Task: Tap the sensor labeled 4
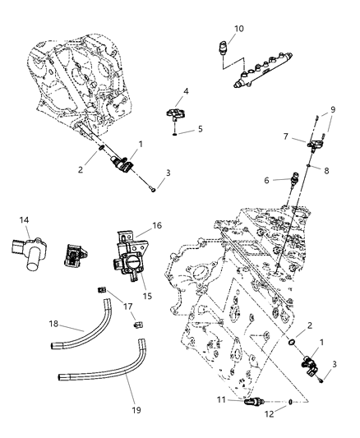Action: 177,112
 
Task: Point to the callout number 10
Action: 238,30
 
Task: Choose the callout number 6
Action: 289,180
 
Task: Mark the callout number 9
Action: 333,109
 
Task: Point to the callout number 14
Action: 25,219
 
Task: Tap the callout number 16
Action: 157,224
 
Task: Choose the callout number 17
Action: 127,307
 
